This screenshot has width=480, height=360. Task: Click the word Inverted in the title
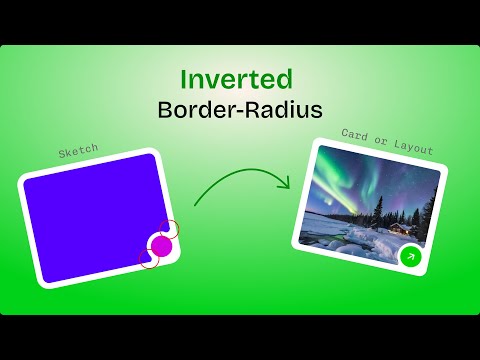point(236,79)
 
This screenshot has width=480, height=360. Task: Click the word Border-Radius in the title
point(240,109)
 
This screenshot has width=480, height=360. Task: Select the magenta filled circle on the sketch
point(161,245)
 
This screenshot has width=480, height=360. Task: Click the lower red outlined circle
point(149,260)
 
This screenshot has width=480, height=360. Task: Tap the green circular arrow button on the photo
point(409,257)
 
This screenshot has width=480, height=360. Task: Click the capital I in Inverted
point(185,79)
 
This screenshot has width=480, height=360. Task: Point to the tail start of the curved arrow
point(195,205)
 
